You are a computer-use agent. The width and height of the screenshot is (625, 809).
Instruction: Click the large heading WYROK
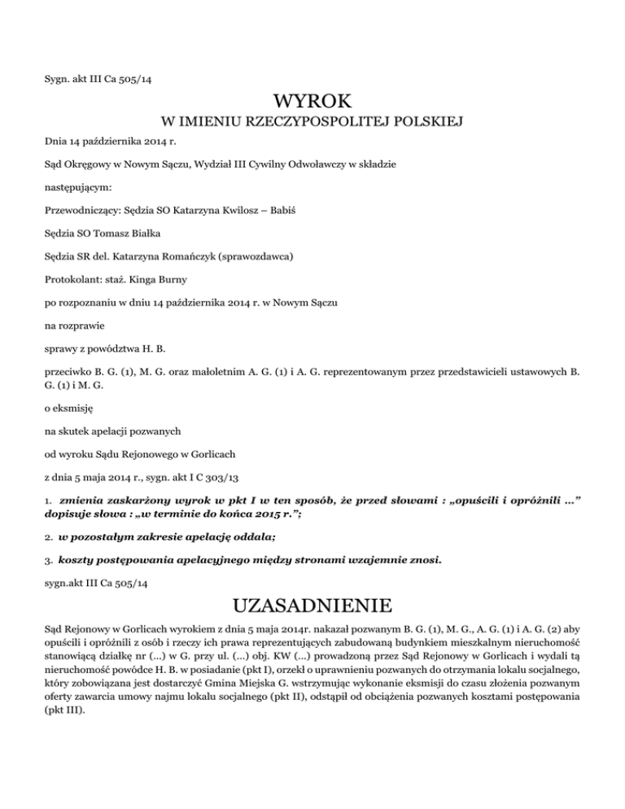tap(312, 103)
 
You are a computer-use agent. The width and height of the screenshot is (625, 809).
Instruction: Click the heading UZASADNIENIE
tap(312, 607)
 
